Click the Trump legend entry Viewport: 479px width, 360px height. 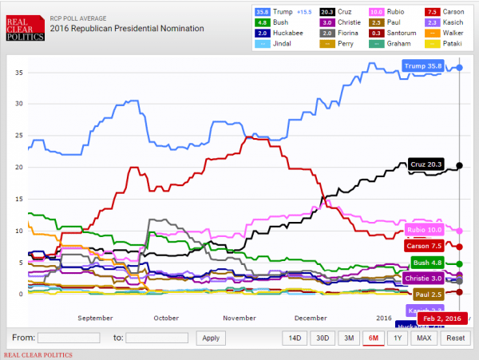[x=281, y=12]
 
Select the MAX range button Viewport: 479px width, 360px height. [x=424, y=338]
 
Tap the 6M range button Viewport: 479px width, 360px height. [x=372, y=338]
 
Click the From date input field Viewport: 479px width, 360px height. [x=69, y=338]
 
